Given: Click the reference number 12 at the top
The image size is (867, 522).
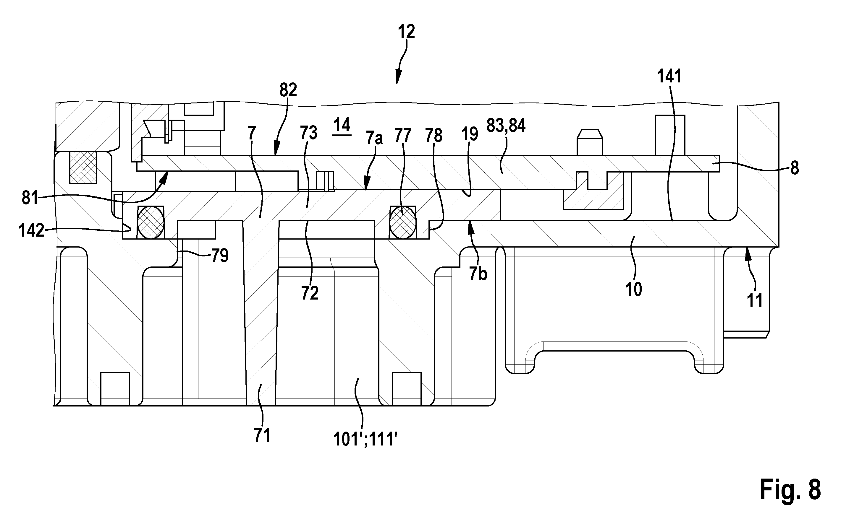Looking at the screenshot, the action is tap(406, 32).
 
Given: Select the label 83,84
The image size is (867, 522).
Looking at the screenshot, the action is tap(506, 126).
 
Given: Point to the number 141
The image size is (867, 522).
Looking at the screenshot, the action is tap(669, 76).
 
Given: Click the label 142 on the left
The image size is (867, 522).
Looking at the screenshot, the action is tap(31, 231).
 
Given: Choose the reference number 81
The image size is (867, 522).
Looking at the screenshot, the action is tap(30, 198).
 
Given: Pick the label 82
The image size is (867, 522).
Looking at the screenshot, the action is tap(288, 90).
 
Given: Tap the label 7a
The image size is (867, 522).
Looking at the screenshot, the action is tap(374, 137).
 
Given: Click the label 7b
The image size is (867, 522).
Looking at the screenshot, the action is tap(478, 274).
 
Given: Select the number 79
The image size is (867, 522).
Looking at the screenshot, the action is tap(220, 256).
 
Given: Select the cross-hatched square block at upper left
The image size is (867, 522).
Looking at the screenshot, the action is tap(83, 167).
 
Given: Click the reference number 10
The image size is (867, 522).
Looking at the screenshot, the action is tap(633, 290).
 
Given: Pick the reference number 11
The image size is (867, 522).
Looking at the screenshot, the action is tap(755, 300).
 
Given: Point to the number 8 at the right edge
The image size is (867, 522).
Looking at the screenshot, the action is tap(795, 168).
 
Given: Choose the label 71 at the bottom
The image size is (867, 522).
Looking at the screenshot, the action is tap(262, 435).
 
